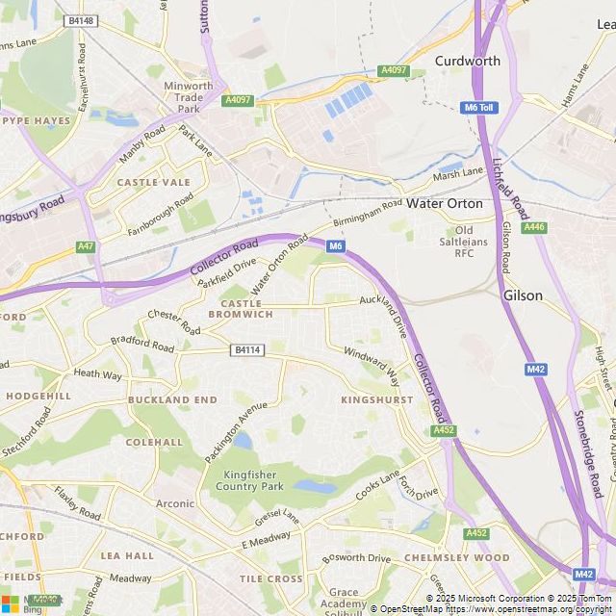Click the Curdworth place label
(x=468, y=61)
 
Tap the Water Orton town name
(x=445, y=204)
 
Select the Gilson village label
(x=523, y=295)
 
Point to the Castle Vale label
(x=153, y=182)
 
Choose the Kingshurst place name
(x=376, y=399)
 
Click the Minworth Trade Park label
(x=189, y=96)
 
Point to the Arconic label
(x=175, y=503)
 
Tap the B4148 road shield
(x=81, y=20)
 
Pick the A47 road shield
(x=87, y=247)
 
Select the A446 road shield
(x=533, y=227)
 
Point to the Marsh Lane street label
(x=458, y=172)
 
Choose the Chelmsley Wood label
(x=456, y=557)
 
